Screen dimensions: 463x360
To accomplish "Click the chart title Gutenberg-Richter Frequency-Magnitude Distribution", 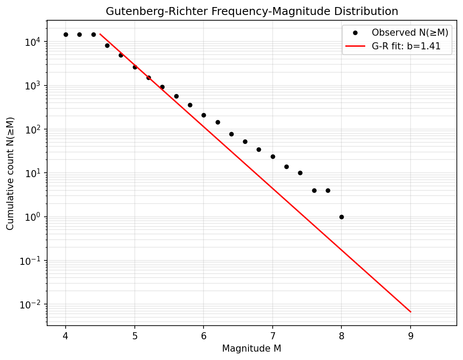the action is (252, 11).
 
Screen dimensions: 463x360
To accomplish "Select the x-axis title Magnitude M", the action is (252, 349).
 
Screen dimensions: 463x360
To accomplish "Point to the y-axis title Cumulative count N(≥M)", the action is (10, 173).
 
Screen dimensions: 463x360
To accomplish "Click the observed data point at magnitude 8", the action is (342, 217).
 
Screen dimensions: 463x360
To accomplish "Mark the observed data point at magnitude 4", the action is (66, 34).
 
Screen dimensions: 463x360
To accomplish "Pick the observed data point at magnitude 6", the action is (204, 115).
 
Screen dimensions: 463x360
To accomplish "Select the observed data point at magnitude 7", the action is (273, 156).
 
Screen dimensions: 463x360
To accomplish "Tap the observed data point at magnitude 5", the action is (135, 67).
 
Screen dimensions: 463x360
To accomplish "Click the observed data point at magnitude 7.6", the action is (314, 190).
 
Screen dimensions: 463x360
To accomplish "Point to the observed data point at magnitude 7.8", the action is (328, 190).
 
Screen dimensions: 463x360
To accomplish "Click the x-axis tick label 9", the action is (411, 336).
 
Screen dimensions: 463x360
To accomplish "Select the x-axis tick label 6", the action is (204, 336).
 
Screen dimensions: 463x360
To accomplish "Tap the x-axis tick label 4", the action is (66, 336).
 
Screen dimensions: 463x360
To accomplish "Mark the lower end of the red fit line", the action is (411, 312).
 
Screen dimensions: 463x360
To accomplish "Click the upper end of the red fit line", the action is (100, 34).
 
